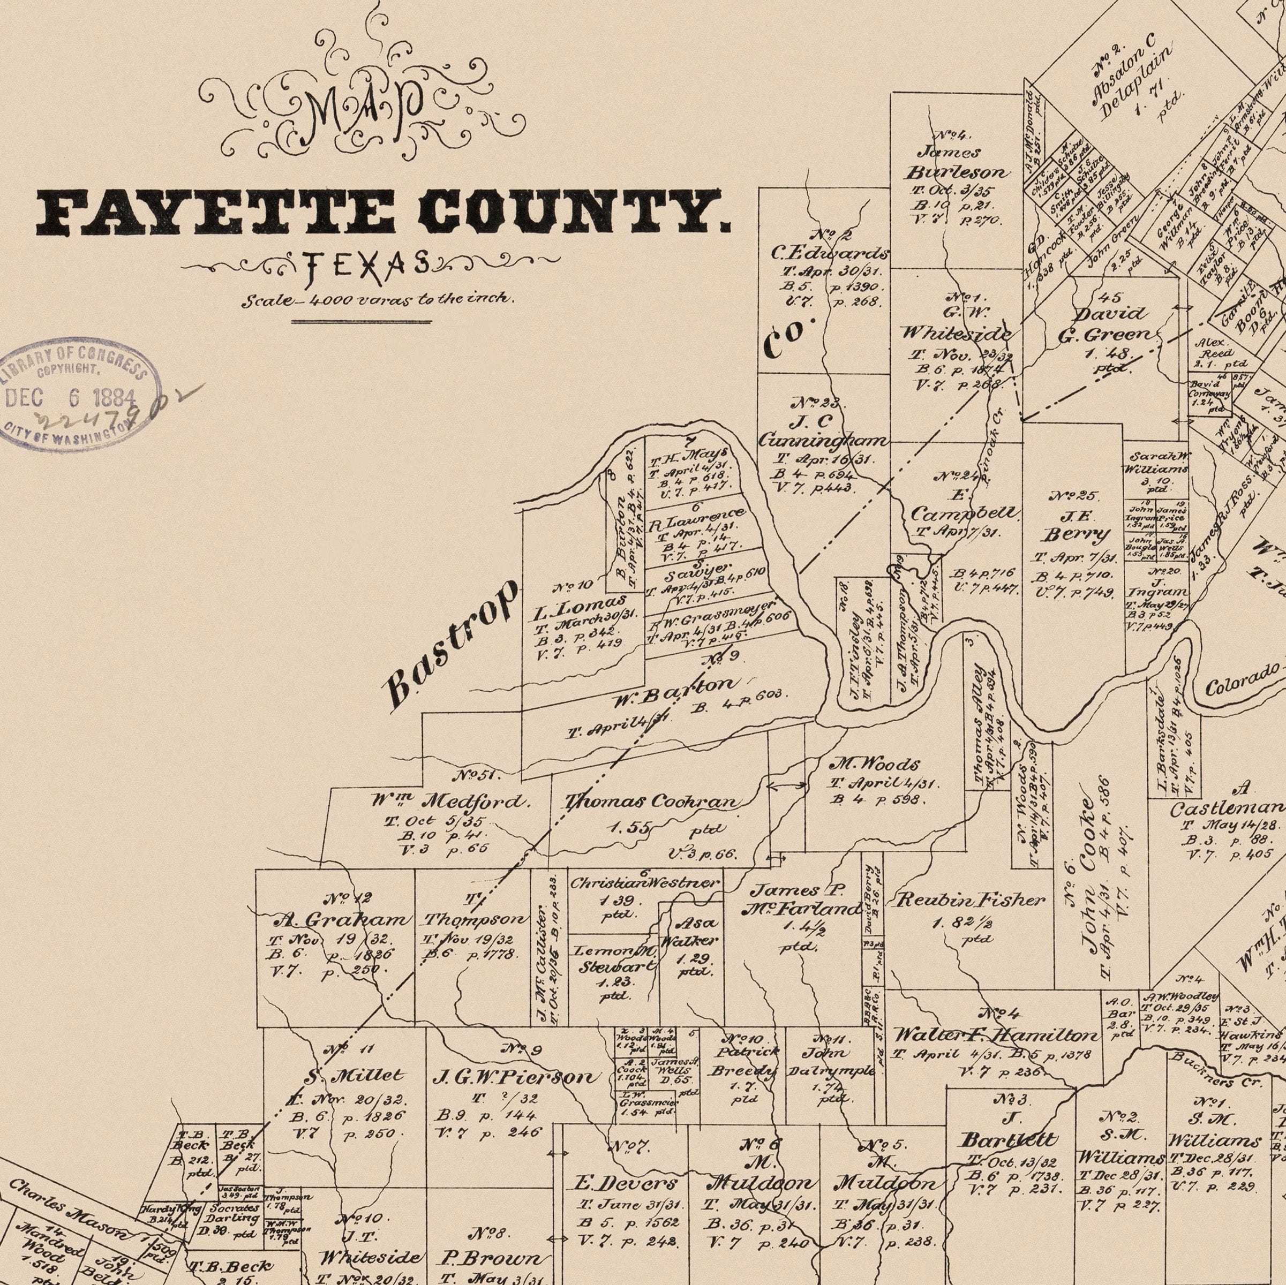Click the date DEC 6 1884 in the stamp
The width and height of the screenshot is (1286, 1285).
click(x=70, y=397)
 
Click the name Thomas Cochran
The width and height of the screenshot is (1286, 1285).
click(x=652, y=802)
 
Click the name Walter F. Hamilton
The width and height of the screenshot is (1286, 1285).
click(x=995, y=1035)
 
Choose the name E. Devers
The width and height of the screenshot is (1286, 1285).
click(x=625, y=1183)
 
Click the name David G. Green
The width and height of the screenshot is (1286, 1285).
click(x=1109, y=323)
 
